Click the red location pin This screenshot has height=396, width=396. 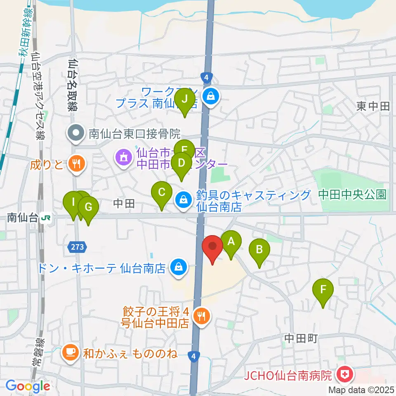coord(213,247)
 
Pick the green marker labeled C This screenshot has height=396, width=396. coord(162,193)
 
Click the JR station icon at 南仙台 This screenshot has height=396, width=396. coord(48,218)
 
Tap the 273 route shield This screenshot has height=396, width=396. coord(78,247)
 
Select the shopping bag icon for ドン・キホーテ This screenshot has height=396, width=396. coord(179,267)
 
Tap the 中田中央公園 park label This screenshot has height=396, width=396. coord(353,194)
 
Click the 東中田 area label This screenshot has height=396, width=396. coord(373,106)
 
